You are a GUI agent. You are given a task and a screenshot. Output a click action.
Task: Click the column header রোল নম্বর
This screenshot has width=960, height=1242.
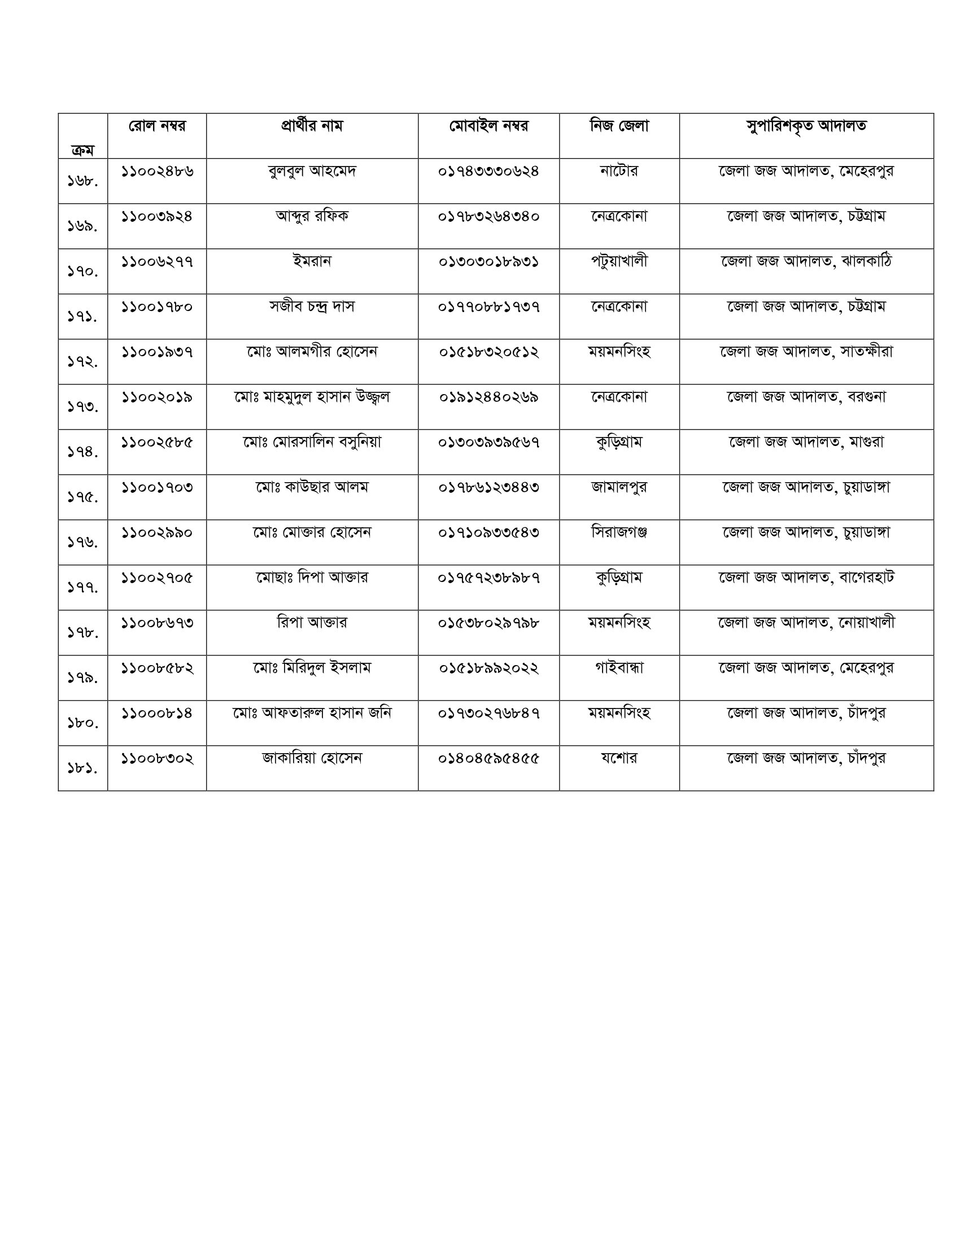tap(157, 126)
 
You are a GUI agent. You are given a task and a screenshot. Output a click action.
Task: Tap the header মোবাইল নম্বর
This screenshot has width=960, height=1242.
tap(488, 126)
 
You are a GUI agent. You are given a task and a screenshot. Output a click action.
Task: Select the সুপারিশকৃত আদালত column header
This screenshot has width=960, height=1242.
tap(806, 126)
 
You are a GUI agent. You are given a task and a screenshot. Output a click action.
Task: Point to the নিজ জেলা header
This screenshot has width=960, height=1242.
tap(619, 126)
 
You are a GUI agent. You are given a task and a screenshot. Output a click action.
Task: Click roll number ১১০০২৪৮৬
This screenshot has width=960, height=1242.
tap(157, 170)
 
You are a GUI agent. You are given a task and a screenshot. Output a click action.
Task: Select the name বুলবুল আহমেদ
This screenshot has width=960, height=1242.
tap(312, 170)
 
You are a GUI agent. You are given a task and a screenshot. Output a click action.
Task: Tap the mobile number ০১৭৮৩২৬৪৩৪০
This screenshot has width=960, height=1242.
tap(488, 216)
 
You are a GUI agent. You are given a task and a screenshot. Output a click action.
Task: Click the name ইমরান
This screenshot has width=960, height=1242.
tap(312, 261)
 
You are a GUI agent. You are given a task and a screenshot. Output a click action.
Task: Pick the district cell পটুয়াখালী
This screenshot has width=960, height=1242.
tap(619, 261)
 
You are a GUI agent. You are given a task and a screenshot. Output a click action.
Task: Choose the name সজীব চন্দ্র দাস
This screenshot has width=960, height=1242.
tap(312, 307)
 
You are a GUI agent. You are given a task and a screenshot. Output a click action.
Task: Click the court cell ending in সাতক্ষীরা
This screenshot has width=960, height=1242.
tap(806, 352)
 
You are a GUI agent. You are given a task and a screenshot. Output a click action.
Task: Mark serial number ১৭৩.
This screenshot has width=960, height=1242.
tap(83, 406)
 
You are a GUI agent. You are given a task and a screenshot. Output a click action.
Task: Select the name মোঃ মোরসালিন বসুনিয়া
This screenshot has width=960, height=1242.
tap(312, 442)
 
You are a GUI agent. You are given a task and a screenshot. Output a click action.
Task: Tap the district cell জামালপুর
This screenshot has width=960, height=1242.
tap(619, 487)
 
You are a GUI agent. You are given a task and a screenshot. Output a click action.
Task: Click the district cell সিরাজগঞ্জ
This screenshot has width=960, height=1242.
tap(619, 532)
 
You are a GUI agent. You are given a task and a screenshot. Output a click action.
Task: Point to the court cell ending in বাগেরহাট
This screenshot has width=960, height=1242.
tap(806, 577)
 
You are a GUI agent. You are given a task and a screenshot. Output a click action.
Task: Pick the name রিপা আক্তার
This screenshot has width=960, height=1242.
tap(312, 623)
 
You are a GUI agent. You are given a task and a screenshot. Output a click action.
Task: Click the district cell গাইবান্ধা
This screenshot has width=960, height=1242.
tap(619, 668)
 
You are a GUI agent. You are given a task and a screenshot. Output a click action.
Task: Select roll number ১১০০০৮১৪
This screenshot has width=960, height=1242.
tap(157, 713)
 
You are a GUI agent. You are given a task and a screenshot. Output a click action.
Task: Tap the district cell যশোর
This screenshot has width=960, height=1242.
tap(619, 758)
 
